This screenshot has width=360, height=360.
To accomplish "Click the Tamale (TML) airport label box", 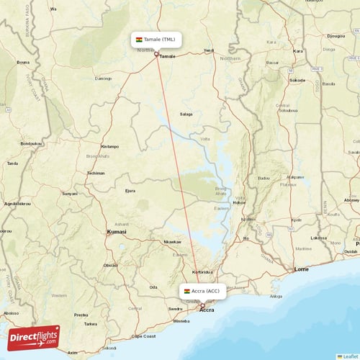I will pos(156,39).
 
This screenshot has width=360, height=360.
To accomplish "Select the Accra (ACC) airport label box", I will pos(202,291).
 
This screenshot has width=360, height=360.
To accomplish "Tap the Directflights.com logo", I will pos(34,337).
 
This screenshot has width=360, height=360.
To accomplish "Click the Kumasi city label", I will pos(116,232).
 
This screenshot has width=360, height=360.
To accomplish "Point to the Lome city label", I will pos(302,269).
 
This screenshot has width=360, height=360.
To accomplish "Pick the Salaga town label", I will pos(186,114).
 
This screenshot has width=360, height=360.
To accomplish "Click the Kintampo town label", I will pos(110,145).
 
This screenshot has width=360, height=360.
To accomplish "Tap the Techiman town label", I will pos(96,174).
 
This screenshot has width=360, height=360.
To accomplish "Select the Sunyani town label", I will pos(69,194).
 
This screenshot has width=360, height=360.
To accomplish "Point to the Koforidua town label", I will pos(204,272).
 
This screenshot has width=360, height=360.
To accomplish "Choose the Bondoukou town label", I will pos(30,143).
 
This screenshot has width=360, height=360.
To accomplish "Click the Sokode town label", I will pos(297,81).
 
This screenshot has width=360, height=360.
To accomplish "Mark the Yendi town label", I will pos(209,50).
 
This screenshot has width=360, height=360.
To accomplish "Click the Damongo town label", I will pos(104,78).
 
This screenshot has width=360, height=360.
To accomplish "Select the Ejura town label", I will pos(130,191).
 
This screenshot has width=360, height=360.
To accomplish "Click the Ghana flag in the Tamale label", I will pos(139,39).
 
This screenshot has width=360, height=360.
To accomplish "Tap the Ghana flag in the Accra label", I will pos(186,291).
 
